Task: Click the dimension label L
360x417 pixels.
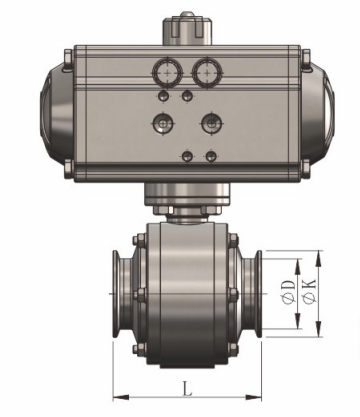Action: (x=188, y=388)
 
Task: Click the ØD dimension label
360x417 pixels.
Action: (x=288, y=292)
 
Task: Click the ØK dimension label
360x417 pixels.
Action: (x=309, y=292)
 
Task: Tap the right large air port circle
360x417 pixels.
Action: (x=207, y=72)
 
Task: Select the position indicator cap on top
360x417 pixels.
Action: (x=187, y=28)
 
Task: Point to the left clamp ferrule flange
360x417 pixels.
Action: (x=117, y=294)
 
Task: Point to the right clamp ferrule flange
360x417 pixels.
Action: (x=258, y=294)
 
